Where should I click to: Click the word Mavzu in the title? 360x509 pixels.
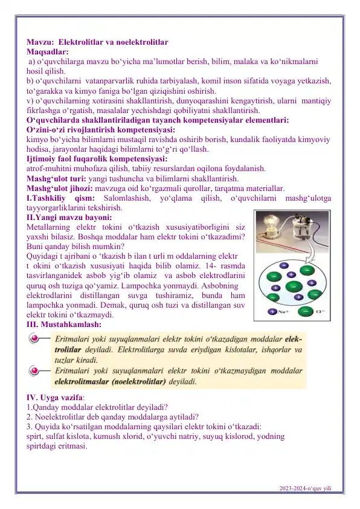point(39,42)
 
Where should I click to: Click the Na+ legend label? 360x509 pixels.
point(283,313)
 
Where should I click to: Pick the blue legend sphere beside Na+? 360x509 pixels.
point(273,313)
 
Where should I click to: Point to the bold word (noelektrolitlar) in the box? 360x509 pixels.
point(138,382)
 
